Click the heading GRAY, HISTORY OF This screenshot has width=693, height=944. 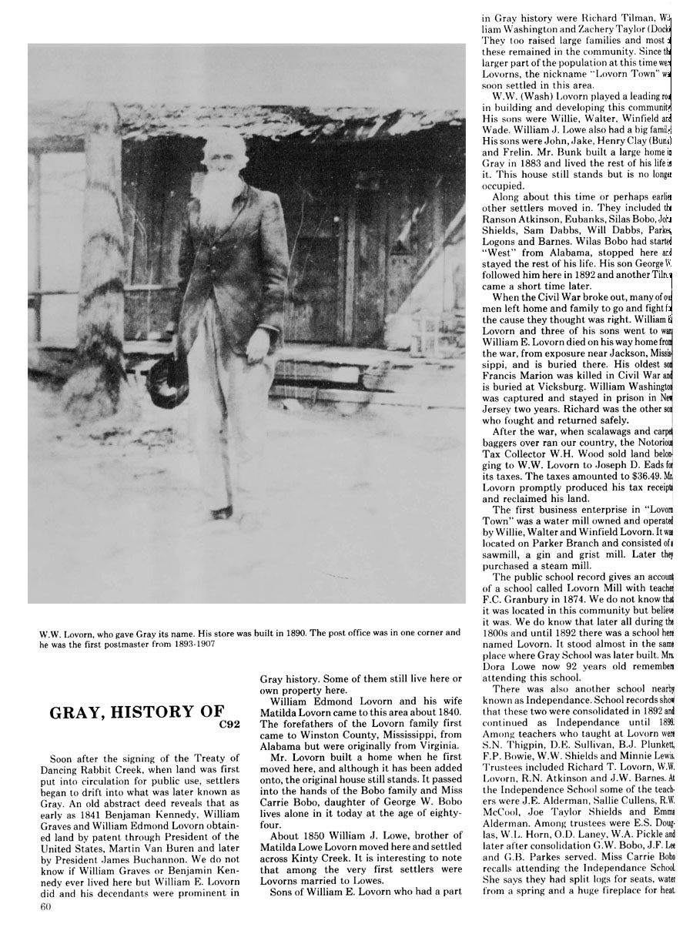(137, 712)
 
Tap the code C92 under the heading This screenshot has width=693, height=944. (219, 725)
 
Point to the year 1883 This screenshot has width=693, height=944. (549, 164)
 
